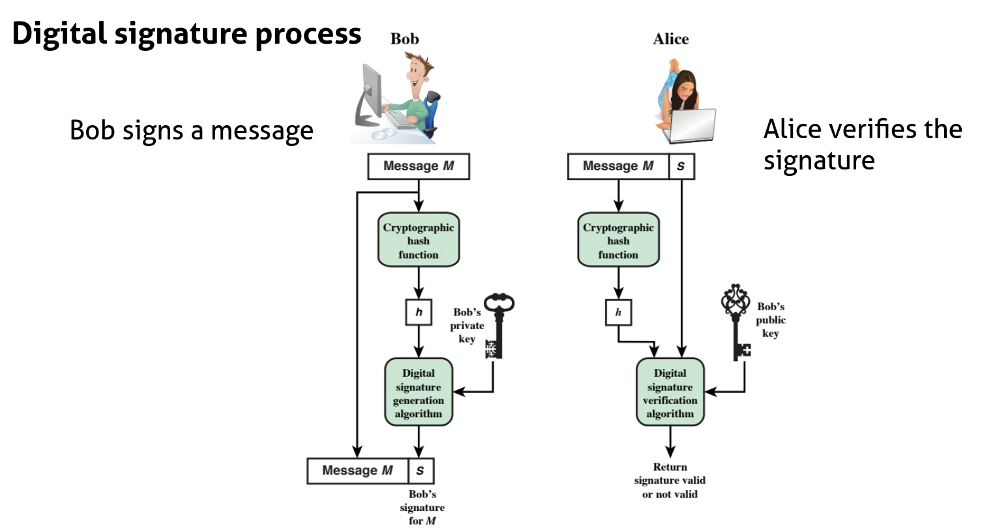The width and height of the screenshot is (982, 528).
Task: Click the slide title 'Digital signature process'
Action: pos(186,34)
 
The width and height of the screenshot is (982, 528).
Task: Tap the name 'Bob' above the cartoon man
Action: pos(404,39)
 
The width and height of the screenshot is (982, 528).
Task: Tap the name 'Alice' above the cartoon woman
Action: pos(670,39)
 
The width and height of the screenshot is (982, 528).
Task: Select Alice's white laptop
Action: pos(692,125)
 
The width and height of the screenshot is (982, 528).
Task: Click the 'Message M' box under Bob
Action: pos(418,166)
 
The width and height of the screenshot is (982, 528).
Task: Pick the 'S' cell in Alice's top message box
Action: pos(681,166)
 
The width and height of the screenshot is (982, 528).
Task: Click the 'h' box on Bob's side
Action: pos(418,313)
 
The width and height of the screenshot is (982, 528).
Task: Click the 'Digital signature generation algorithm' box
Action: pos(418,393)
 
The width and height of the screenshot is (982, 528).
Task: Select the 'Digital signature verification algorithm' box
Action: pos(670,393)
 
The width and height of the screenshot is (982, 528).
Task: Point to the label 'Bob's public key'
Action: pos(771,320)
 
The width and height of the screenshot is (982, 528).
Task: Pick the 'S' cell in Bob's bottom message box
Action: pos(420,471)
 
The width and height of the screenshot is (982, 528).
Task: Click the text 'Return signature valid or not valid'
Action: pos(670,480)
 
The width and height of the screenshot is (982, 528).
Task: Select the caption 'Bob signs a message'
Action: pos(192,131)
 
